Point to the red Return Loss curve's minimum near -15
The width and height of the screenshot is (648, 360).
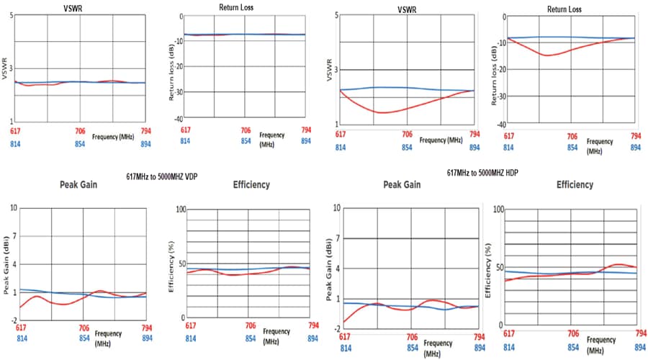[548, 55]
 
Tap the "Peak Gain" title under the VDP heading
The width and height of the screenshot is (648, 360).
[78, 185]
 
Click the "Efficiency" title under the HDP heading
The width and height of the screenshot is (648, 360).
[575, 185]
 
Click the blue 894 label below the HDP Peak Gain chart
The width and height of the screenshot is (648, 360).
[479, 348]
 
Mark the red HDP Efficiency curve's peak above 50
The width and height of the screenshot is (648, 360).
[620, 264]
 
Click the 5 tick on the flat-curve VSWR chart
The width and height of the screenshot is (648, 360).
[12, 15]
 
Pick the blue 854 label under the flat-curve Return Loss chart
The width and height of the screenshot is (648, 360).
[246, 141]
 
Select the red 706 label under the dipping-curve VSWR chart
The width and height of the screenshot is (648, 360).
[407, 135]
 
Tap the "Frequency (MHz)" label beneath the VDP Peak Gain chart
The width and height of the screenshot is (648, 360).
[107, 338]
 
